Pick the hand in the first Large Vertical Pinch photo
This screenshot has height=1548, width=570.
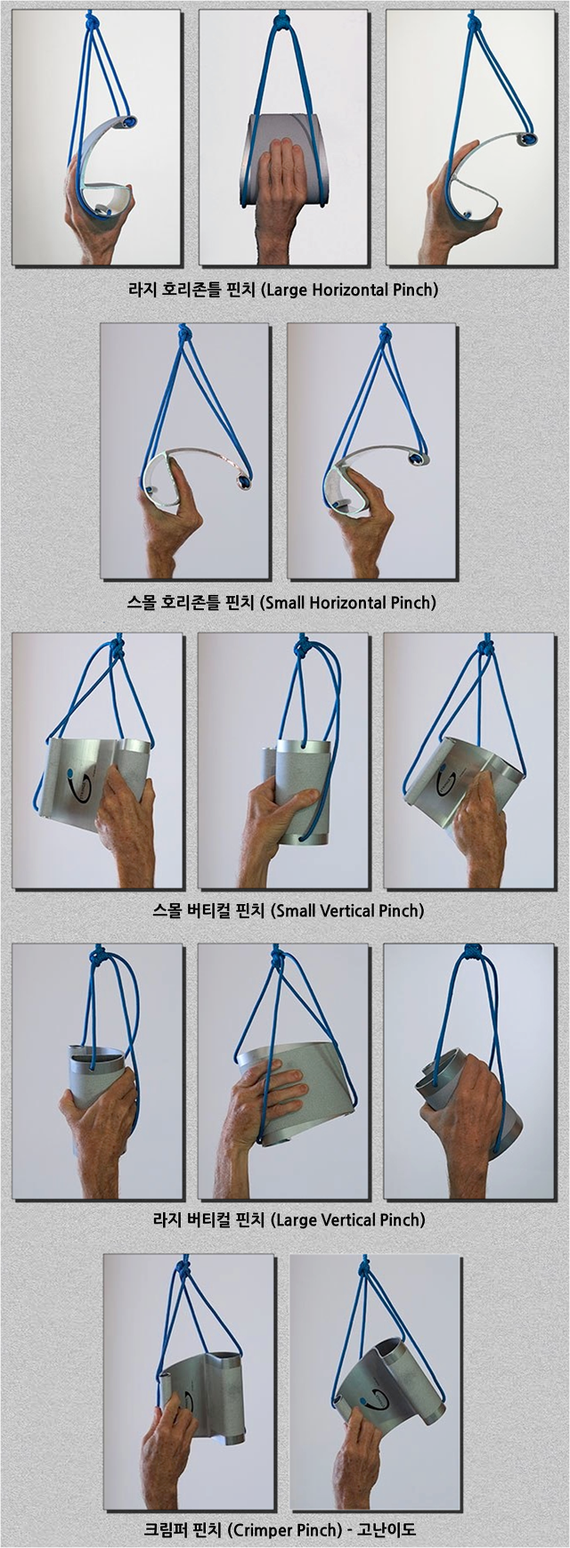point(98,1122)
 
